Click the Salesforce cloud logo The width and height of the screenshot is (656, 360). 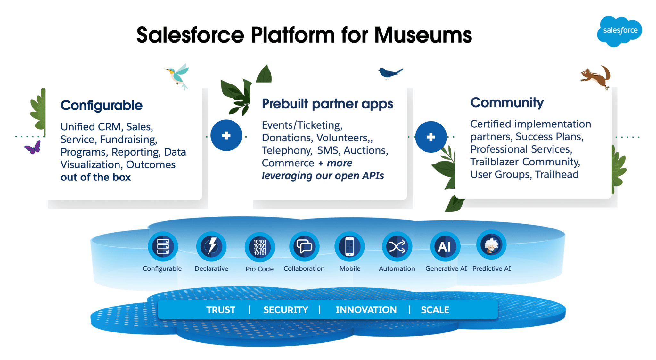(x=619, y=31)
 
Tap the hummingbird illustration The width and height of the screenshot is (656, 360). (x=178, y=76)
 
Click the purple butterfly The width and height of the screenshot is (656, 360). (x=33, y=148)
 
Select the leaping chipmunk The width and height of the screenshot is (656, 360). (x=596, y=77)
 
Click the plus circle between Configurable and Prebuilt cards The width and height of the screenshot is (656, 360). (x=226, y=135)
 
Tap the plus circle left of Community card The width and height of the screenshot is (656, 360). (x=431, y=137)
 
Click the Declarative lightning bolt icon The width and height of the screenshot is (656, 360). (x=211, y=247)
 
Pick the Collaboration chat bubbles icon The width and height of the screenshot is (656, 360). (x=304, y=247)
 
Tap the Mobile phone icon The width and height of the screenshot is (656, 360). (x=350, y=247)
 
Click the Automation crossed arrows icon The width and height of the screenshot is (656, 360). (x=397, y=247)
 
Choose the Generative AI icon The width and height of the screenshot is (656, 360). (x=445, y=247)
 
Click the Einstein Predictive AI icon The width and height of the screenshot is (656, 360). (x=491, y=245)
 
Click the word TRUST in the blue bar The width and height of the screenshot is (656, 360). (x=221, y=310)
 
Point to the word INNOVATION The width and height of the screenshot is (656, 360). (x=366, y=310)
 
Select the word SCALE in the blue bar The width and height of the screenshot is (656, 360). (x=435, y=310)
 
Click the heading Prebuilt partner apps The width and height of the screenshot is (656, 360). (x=327, y=104)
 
